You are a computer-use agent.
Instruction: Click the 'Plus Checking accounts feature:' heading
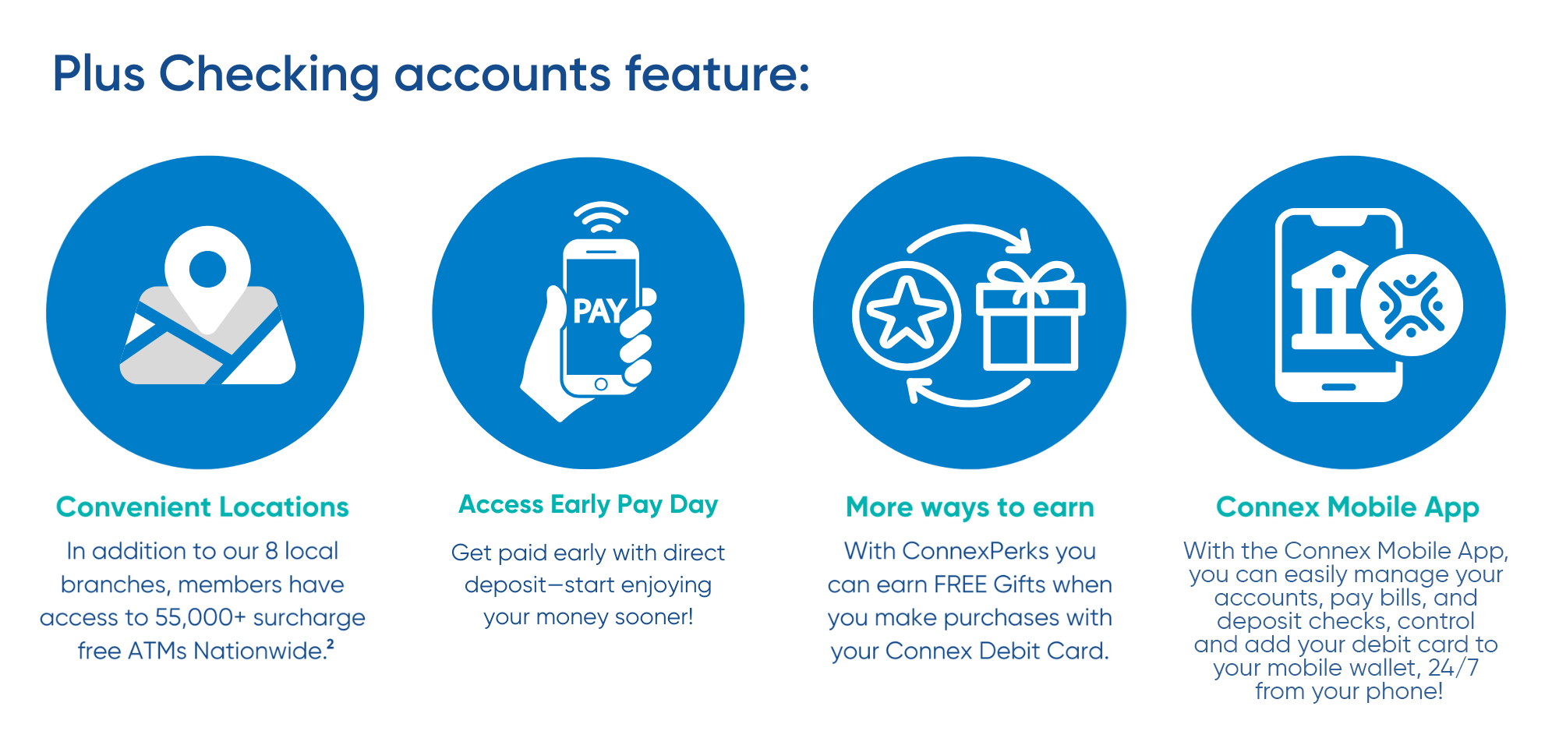tap(431, 76)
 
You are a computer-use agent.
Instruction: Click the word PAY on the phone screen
tap(599, 311)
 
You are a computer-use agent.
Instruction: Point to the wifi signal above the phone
tap(601, 217)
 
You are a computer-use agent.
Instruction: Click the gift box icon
tap(1030, 316)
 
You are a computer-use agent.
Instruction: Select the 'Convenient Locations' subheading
tap(203, 507)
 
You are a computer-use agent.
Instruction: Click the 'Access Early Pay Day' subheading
tap(589, 505)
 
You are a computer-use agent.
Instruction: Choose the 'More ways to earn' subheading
tap(970, 508)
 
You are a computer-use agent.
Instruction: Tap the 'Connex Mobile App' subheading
tap(1348, 508)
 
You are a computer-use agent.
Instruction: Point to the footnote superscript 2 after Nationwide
tap(331, 644)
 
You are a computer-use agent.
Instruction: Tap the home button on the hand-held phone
tap(601, 384)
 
